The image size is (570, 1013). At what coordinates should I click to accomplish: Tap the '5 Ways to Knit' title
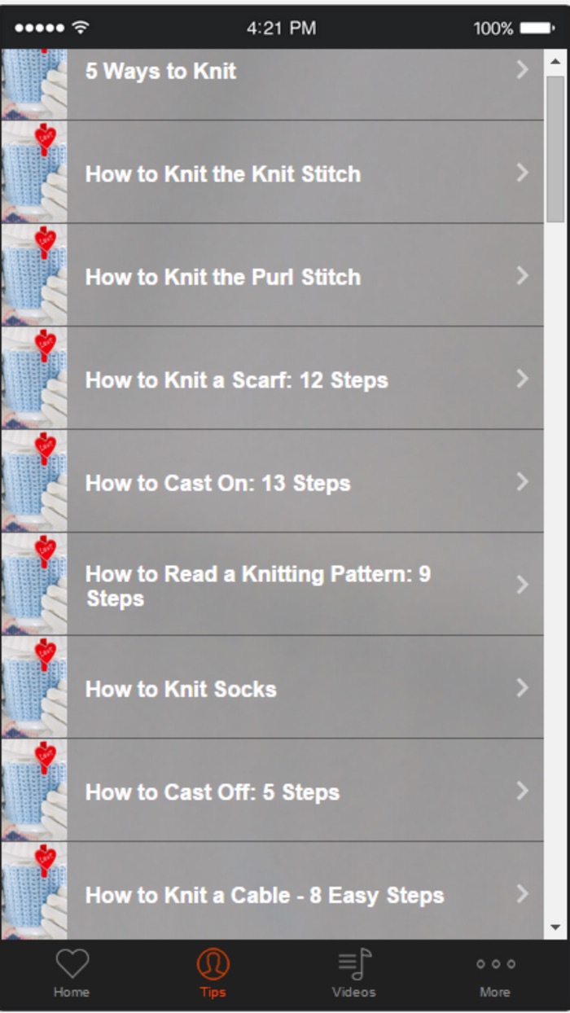pos(160,72)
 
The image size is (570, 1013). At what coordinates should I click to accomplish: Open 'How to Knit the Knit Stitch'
pos(222,174)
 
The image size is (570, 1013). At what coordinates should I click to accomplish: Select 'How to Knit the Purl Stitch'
pos(222,278)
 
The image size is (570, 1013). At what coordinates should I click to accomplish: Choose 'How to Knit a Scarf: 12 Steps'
pos(236,380)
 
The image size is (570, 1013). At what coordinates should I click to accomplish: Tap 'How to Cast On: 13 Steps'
pos(217,484)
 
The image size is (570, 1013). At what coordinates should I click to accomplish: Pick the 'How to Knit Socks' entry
pos(181,690)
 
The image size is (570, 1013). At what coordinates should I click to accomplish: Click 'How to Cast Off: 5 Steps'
pos(212,792)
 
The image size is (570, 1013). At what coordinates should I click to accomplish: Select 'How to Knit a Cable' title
pos(265,896)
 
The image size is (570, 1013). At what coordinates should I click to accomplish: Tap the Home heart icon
pos(72,965)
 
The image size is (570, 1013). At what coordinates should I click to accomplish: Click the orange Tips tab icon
pos(213,965)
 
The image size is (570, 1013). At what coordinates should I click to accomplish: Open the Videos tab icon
pos(354,965)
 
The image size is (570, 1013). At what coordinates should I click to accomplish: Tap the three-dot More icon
pos(495,964)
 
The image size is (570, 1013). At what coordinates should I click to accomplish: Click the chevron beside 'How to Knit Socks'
pos(523,689)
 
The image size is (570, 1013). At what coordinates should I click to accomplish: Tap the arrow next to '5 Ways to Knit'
pos(523,71)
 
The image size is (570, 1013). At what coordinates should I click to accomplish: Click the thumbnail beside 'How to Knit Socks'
pos(33,687)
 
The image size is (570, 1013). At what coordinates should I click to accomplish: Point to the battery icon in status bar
pos(537,29)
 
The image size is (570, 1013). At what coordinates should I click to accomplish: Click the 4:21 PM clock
pos(281,29)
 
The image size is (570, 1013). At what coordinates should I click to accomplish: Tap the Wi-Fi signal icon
pos(81,28)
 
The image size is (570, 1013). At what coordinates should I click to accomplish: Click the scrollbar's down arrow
pos(555,927)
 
